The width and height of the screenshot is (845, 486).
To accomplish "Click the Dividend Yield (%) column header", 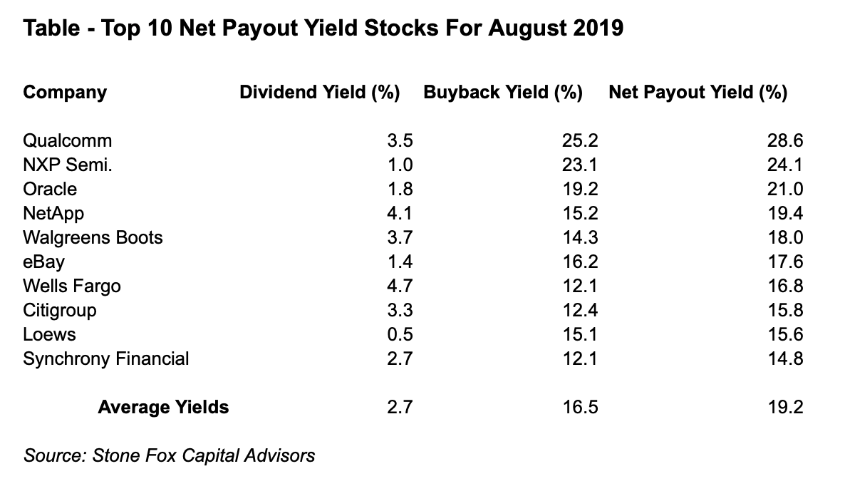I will point(319,93).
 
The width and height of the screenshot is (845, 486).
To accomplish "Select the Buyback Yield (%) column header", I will point(503,93).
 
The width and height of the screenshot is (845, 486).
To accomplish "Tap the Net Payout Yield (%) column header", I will point(698,93).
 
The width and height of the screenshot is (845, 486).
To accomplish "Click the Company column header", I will point(65,93).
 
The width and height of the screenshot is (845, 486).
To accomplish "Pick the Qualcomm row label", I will point(68,140).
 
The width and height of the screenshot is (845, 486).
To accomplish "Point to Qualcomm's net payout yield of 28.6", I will point(784,140).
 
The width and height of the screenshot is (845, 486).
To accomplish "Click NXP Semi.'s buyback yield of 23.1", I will point(579,165).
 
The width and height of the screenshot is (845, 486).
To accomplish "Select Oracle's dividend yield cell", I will point(400,189).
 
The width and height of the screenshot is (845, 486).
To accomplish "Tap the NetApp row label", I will point(53,213).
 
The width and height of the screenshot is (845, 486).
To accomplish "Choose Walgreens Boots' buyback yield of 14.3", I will point(579,237).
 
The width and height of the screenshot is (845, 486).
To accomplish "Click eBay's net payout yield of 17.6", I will point(784,262).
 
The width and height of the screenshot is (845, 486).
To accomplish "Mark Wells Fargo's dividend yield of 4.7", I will point(400,286).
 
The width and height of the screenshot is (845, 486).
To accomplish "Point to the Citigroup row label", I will point(60,310).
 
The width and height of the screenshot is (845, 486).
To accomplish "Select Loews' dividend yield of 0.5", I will point(400,334).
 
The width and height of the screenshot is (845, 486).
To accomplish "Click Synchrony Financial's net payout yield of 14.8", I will point(784,358).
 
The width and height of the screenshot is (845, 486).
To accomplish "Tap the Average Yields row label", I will point(163,407).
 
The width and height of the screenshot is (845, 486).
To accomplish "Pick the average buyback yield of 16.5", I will point(579,407).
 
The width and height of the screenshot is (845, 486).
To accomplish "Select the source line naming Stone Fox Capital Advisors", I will point(169,455).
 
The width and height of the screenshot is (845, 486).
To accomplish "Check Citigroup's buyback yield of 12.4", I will point(579,310).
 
